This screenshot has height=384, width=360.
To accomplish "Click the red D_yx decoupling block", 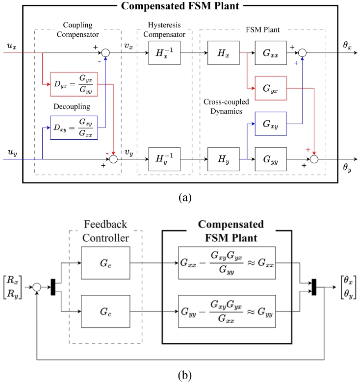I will (x=77, y=82).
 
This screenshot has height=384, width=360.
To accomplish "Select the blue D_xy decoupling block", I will (x=77, y=128).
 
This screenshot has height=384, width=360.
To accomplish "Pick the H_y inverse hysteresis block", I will (x=164, y=159).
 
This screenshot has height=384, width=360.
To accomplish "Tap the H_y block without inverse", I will (x=223, y=159).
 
